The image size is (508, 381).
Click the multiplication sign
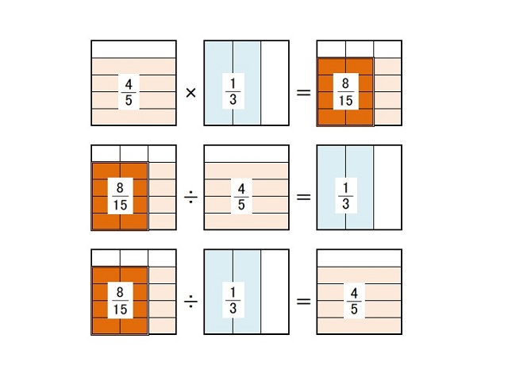click(190, 93)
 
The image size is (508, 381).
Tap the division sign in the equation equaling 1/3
click(190, 197)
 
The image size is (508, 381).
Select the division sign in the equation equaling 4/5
click(190, 302)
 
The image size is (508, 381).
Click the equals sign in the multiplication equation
click(303, 93)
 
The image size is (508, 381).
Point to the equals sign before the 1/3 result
click(303, 197)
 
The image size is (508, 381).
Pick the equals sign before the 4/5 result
click(303, 302)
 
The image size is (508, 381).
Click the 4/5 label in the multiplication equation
click(129, 92)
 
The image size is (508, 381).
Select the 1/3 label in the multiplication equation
click(233, 91)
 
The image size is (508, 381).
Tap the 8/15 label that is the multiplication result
click(345, 92)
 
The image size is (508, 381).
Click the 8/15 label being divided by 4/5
click(120, 196)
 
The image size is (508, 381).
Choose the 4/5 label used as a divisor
click(241, 196)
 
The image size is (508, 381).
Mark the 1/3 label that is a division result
click(346, 196)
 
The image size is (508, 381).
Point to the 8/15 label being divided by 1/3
click(120, 301)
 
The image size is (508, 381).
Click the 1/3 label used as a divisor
click(233, 300)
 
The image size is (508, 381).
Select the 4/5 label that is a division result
click(354, 301)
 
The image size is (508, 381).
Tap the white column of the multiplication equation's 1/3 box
click(275, 83)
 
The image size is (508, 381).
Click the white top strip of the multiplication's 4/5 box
click(133, 49)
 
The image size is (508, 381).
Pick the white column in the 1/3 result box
click(387, 187)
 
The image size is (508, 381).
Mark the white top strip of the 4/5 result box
click(359, 258)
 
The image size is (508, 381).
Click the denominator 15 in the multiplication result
click(345, 101)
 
